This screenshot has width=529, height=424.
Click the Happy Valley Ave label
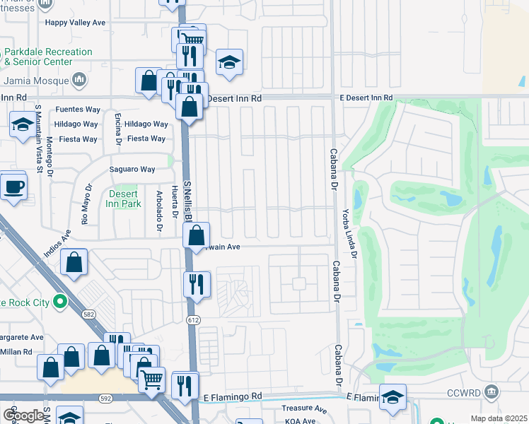click(75, 23)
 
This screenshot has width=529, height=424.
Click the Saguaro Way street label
click(132, 169)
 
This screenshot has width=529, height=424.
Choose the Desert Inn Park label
click(125, 199)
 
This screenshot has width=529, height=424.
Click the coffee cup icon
click(13, 187)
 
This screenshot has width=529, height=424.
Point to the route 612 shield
click(192, 320)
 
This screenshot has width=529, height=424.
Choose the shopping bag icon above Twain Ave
click(198, 235)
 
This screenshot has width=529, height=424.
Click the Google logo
click(23, 415)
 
